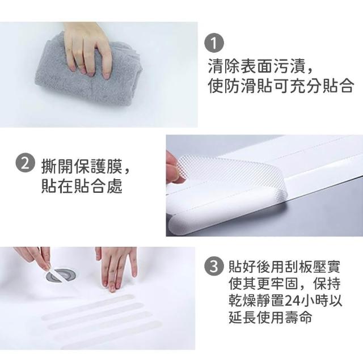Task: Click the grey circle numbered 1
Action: coord(214,43)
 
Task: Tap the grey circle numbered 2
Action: coord(26,164)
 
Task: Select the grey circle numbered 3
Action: coord(214,266)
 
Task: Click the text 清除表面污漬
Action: coord(258,66)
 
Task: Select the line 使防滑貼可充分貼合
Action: coord(281,86)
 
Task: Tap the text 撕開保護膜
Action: coord(82,166)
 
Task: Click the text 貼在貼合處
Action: coord(82,186)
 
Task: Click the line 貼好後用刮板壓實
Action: coord(284,267)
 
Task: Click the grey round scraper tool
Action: coord(61,276)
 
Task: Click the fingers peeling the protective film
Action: coord(175,166)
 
